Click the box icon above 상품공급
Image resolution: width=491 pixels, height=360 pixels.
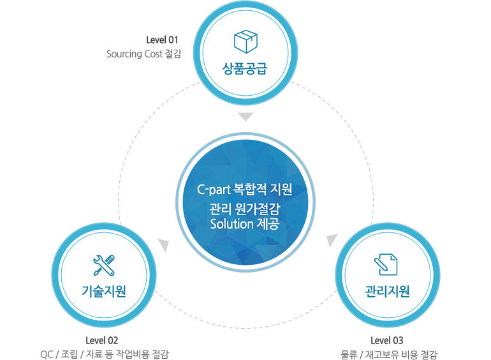[x=246, y=42]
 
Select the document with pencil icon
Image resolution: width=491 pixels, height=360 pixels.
[x=386, y=264]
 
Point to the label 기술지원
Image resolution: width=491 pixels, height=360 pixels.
[x=104, y=292]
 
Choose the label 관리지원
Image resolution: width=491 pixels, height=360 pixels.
[x=387, y=292]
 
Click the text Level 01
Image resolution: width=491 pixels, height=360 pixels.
[x=162, y=40]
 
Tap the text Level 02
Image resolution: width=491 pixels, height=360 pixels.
[x=102, y=340]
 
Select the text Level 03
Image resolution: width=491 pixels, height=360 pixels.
[x=387, y=340]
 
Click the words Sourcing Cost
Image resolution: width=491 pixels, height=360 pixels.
[x=134, y=54]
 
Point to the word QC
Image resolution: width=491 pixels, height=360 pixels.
[x=47, y=355]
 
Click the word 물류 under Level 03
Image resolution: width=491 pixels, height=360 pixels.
[x=349, y=355]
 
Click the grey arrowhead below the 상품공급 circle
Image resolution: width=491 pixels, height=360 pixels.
[x=246, y=117]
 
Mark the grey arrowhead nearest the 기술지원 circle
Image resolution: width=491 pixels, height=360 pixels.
[x=164, y=245]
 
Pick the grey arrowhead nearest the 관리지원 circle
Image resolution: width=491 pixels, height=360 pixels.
[x=332, y=241]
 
